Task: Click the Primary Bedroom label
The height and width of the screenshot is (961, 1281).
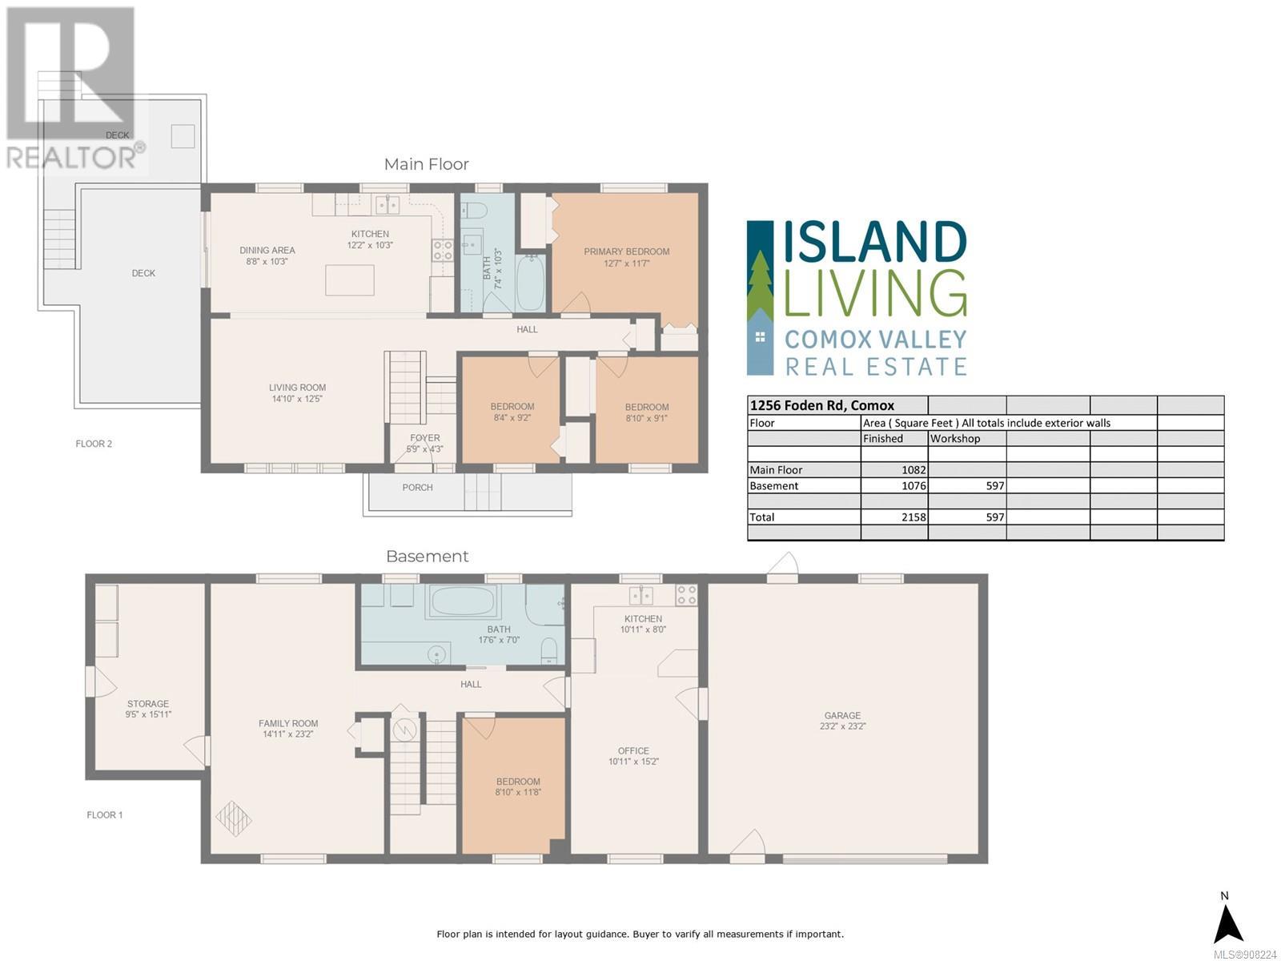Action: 626,251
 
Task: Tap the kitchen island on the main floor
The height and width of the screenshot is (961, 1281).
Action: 350,280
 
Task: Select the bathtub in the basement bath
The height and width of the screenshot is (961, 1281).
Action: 463,601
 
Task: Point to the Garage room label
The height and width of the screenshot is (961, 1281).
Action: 842,715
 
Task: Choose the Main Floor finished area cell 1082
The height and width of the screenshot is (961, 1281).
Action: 914,470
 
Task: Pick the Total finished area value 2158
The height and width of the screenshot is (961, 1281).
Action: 914,517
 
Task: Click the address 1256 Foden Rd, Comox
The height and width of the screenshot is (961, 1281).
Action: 821,405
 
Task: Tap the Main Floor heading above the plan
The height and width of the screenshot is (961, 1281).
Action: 426,164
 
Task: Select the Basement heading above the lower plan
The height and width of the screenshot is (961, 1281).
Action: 428,556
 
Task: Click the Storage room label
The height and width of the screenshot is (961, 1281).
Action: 148,704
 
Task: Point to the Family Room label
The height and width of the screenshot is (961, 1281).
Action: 288,723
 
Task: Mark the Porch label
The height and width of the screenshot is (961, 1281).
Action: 417,487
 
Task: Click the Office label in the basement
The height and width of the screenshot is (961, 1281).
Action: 633,751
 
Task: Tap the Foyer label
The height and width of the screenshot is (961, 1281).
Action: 425,437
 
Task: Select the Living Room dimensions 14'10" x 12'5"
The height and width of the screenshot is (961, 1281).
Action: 297,399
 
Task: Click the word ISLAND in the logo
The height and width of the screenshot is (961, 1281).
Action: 875,242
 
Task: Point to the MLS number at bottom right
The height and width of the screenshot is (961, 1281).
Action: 1246,955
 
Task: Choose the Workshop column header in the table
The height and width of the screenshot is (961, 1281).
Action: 955,438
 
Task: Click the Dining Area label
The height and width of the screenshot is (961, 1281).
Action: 267,251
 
